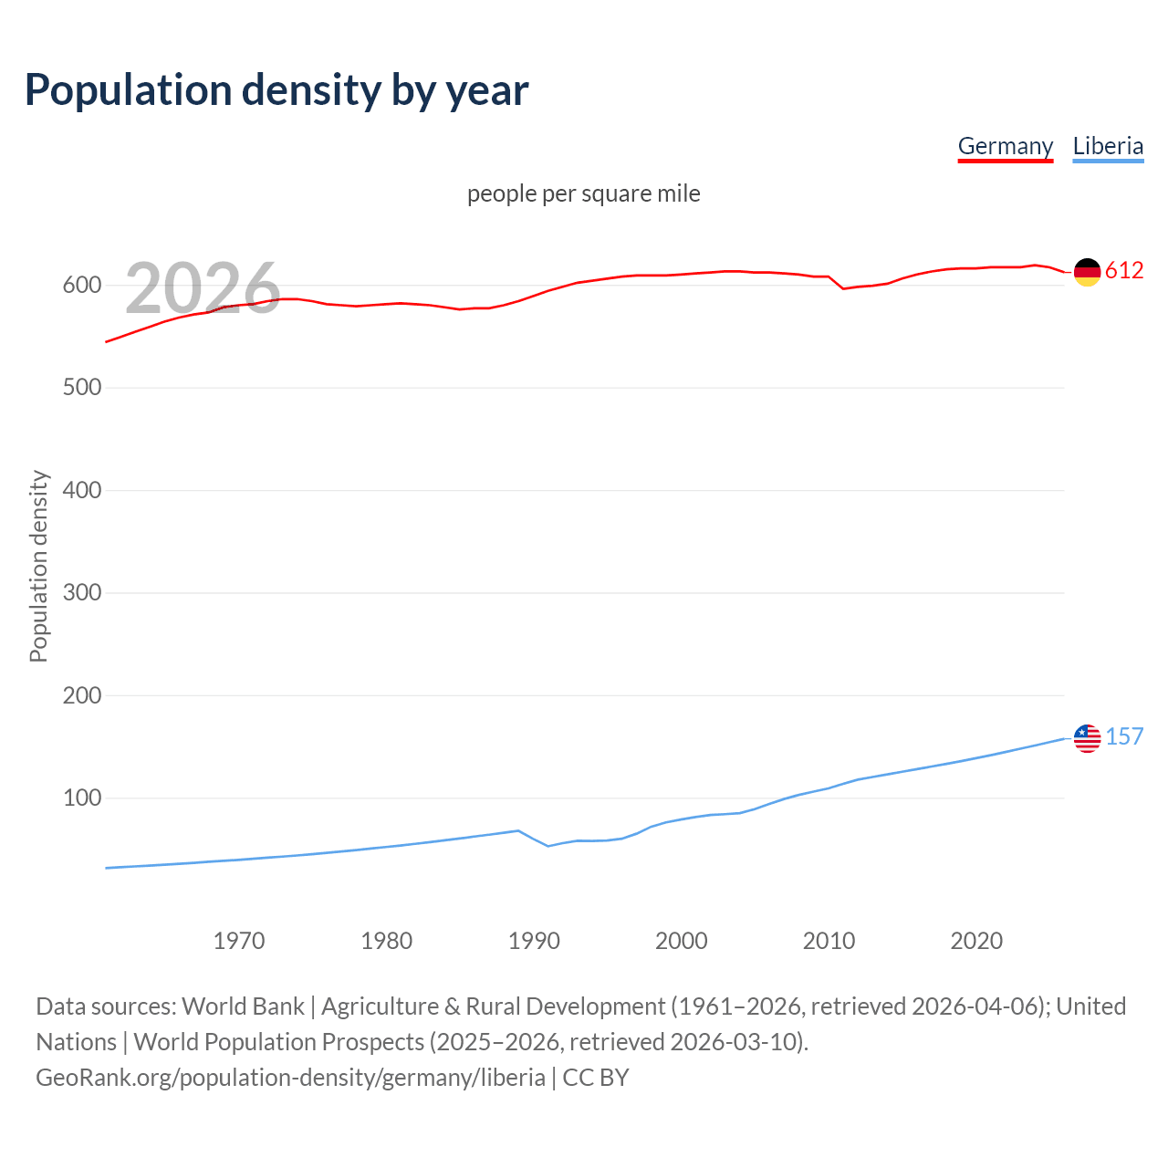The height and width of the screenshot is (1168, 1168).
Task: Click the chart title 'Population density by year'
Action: tap(276, 90)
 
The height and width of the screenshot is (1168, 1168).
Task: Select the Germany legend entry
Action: tap(1005, 146)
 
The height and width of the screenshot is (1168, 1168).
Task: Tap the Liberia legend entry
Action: tap(1108, 146)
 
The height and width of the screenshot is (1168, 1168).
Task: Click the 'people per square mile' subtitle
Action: tap(584, 194)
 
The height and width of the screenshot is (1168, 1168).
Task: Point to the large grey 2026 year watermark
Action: tap(203, 288)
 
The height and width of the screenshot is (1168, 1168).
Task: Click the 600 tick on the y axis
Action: tap(82, 286)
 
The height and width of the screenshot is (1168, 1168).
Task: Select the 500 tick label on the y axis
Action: tap(82, 388)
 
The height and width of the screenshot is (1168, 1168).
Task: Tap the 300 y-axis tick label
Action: tap(82, 593)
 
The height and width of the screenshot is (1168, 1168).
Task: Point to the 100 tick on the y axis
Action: tap(82, 798)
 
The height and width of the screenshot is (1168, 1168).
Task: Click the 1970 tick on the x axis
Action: tap(239, 941)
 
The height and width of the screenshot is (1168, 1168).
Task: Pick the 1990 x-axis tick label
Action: tap(534, 941)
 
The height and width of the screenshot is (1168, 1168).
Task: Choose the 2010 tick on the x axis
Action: tap(829, 941)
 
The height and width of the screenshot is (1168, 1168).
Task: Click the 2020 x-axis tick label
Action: tap(976, 941)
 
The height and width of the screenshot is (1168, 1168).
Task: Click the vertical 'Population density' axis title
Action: tap(38, 566)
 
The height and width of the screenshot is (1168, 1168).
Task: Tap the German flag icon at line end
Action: tap(1087, 272)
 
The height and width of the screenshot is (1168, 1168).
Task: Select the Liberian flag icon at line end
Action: tap(1087, 738)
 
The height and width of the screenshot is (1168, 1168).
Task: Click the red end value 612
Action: tap(1124, 271)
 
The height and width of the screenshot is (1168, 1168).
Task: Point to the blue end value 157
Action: tap(1124, 737)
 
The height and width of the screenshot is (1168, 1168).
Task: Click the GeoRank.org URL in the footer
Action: tap(290, 1078)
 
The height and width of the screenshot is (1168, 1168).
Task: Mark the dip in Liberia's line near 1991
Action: tap(548, 846)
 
